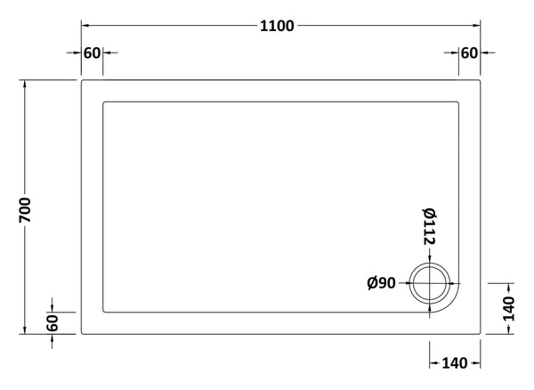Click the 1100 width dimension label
pos(278,27)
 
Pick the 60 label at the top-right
pos(469,53)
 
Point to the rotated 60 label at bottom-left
pos(52,321)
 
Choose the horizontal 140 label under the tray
pos(455,362)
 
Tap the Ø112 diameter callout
pos(429,226)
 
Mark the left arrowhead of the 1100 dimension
pos(85,27)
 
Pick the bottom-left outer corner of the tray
pos(82,333)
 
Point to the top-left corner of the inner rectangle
pos(104,102)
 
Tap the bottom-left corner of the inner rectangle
pos(104,312)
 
